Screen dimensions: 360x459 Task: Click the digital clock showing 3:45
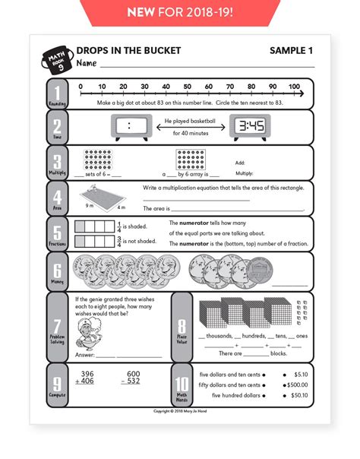[x=246, y=127]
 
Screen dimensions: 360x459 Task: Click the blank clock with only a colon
[x=129, y=127]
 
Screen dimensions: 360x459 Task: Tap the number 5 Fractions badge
[x=58, y=233]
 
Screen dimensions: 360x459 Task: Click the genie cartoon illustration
[x=91, y=333]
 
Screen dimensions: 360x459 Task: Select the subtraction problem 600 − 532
[x=134, y=378]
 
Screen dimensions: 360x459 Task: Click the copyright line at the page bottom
[x=179, y=411]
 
